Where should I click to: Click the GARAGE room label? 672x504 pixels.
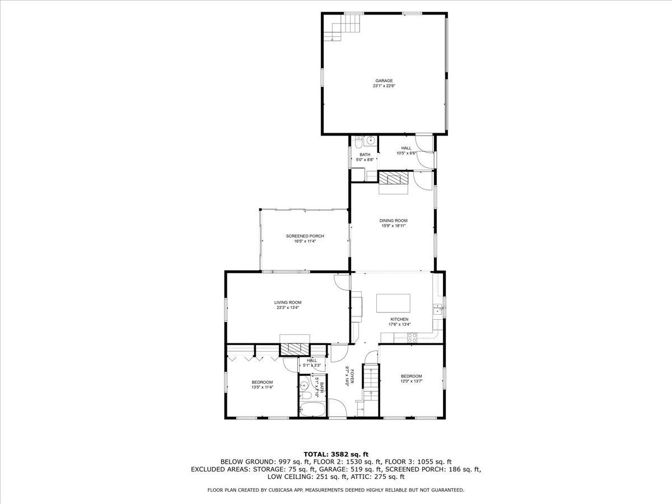tap(384, 81)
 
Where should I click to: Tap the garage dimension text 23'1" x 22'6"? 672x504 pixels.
tap(384, 86)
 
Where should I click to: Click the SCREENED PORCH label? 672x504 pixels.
tap(305, 236)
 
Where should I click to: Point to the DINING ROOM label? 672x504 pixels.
tap(394, 221)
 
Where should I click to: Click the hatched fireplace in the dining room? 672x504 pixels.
tap(394, 178)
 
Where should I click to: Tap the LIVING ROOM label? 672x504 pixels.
tap(288, 302)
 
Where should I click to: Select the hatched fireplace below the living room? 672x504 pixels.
tap(295, 349)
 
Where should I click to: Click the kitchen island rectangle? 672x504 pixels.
tap(394, 304)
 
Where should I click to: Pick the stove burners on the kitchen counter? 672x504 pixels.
tap(412, 338)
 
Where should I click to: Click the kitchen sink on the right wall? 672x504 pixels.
tap(437, 309)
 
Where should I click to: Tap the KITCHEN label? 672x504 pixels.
tap(399, 319)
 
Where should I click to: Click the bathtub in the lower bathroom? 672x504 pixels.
tap(312, 409)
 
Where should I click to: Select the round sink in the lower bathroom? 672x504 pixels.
tap(304, 385)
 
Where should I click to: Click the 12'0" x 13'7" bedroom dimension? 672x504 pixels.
tap(412, 381)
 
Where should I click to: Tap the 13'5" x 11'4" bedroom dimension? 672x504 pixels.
tap(262, 388)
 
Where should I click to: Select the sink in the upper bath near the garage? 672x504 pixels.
tap(371, 141)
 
